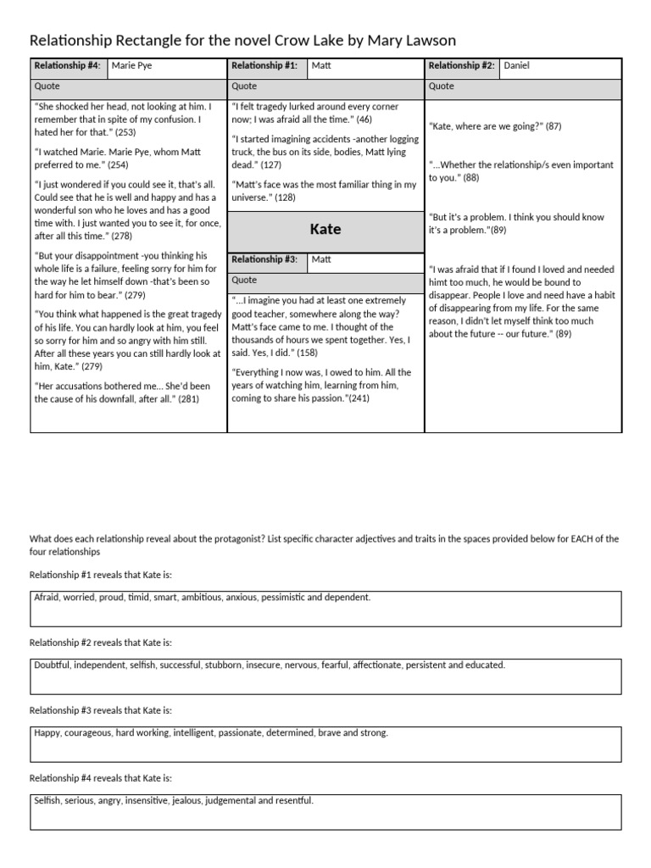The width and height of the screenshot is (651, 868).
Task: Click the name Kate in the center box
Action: [325, 230]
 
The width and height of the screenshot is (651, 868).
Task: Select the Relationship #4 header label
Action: [67, 66]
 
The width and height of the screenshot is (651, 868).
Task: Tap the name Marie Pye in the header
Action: [132, 66]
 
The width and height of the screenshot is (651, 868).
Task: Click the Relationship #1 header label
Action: [264, 66]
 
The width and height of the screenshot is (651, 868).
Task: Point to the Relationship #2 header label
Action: [461, 66]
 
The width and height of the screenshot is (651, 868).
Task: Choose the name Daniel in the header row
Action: [516, 66]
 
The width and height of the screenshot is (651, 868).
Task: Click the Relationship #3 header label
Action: [264, 260]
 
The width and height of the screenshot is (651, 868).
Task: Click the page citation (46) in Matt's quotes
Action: [364, 120]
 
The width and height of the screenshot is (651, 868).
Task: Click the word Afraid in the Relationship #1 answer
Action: [47, 598]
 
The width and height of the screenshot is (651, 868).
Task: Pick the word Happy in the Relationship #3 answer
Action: [48, 733]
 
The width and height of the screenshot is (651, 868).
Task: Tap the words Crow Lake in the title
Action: [305, 41]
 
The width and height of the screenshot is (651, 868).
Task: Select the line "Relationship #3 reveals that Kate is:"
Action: [100, 710]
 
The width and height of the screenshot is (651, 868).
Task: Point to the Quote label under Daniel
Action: [441, 86]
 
